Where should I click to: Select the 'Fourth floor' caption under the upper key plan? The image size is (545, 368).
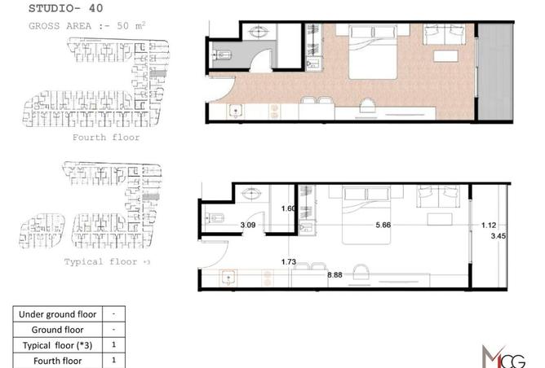coord(107,138)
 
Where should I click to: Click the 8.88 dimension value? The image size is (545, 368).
coord(335,276)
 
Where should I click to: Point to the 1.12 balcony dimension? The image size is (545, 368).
coord(489,226)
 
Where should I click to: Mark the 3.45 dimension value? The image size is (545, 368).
coord(498,237)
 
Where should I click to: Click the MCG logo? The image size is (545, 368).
coord(503,355)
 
